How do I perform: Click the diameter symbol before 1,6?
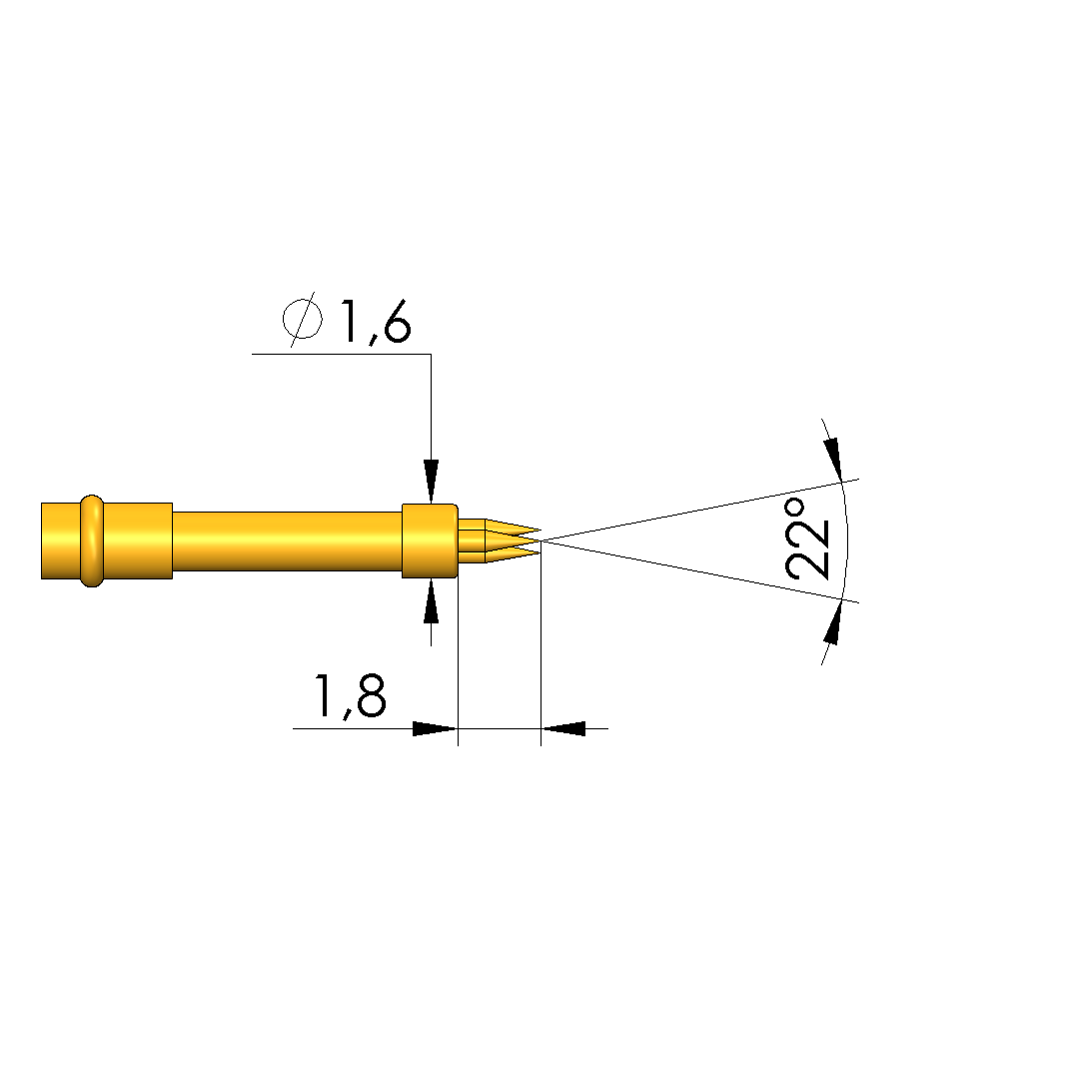pos(302,320)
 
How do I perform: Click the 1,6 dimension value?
pos(376,322)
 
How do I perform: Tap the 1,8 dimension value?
pos(350,695)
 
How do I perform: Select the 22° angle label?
pos(807,539)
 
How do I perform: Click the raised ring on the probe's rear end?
pos(92,541)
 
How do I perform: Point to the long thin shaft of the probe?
pos(287,541)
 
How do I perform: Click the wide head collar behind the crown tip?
pos(430,541)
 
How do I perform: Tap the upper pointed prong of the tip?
pos(513,529)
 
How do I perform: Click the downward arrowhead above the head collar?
pos(432,481)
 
